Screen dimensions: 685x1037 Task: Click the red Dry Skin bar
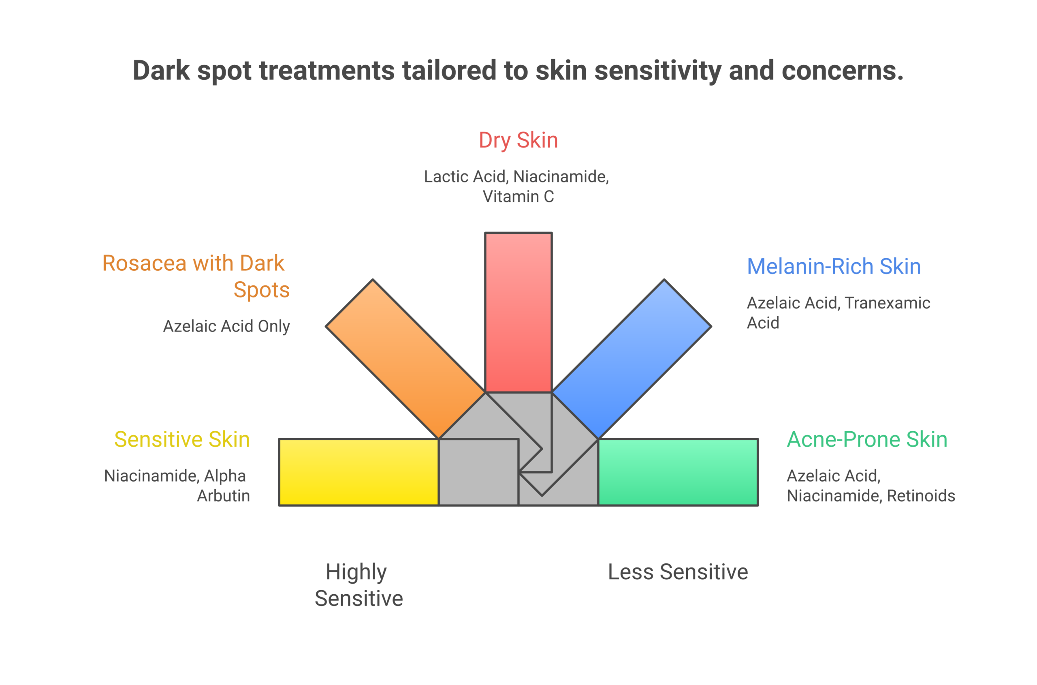(x=518, y=313)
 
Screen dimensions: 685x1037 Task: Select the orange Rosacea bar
(x=405, y=359)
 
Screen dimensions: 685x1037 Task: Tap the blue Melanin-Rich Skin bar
(x=632, y=359)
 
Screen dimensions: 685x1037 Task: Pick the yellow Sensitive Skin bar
(x=358, y=472)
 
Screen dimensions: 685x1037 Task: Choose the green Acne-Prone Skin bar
(x=678, y=472)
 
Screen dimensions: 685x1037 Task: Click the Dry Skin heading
(x=518, y=140)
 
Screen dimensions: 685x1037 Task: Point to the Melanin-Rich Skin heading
(x=834, y=266)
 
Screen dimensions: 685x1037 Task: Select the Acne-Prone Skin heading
(x=867, y=439)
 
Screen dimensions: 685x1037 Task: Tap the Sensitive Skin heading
(x=182, y=439)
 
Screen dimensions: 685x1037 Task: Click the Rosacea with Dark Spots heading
(x=195, y=276)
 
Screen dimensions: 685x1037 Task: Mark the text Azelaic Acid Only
(x=226, y=326)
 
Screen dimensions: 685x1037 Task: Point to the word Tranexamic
(x=887, y=303)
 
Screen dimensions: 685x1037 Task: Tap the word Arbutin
(x=223, y=496)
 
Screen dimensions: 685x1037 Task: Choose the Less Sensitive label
(x=678, y=572)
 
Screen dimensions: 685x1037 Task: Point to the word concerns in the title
(x=842, y=71)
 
